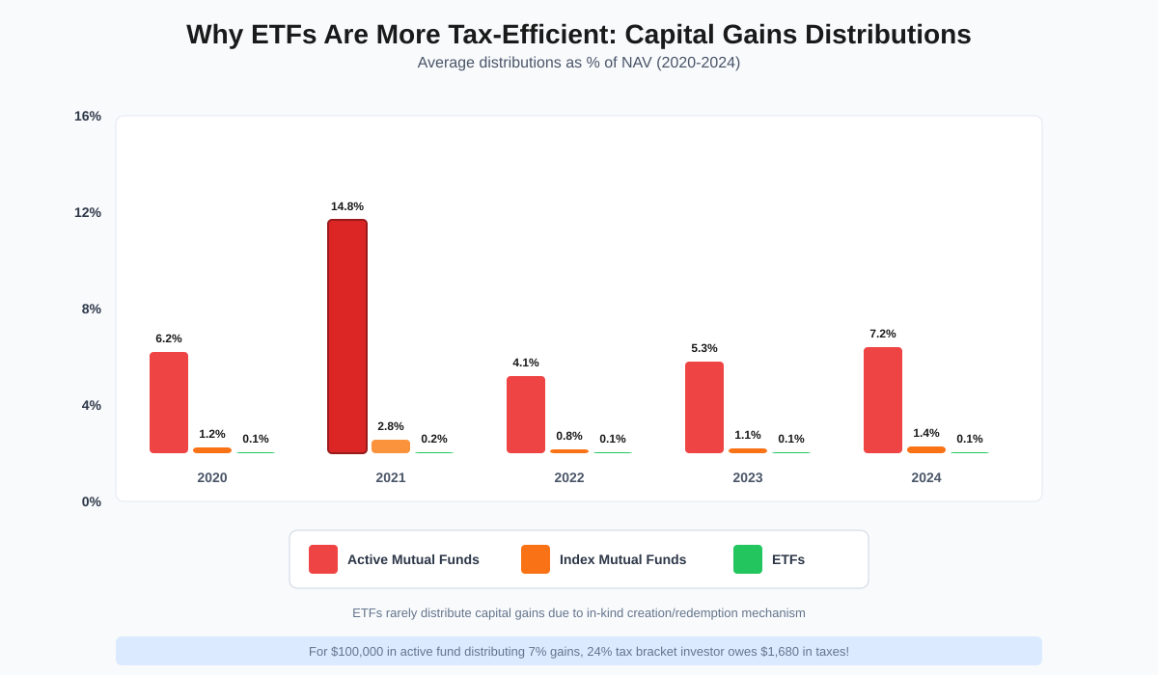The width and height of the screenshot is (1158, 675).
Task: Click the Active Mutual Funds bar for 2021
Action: pos(347,337)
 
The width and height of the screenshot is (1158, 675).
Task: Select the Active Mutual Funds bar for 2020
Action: pos(169,402)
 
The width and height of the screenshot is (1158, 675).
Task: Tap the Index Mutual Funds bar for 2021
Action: pos(391,446)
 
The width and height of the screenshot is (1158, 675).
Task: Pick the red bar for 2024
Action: pos(883,400)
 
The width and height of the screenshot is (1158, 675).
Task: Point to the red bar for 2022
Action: pos(526,415)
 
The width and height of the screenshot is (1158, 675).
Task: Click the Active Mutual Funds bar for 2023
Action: pos(704,407)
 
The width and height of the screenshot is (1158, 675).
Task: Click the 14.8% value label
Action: pos(347,206)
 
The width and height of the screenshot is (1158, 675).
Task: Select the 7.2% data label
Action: pos(883,334)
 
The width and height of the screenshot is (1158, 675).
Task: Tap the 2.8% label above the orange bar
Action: pos(391,426)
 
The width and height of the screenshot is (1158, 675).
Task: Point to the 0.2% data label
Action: pos(434,439)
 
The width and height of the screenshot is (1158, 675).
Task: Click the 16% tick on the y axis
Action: pos(88,117)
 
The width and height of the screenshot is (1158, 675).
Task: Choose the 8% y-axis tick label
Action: pos(91,310)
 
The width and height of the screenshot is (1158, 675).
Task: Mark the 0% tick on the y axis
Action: pos(91,501)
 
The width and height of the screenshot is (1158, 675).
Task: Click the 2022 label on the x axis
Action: pos(569,477)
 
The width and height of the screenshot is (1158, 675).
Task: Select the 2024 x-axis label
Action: pos(926,477)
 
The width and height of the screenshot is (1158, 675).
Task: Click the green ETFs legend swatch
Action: pos(748,559)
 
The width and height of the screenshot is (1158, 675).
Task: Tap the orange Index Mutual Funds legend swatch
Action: pos(536,559)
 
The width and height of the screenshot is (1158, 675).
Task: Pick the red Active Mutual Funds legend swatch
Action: pos(323,559)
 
